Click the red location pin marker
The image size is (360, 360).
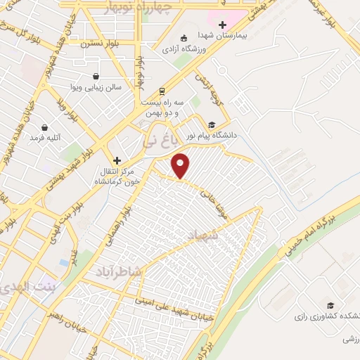[181, 165]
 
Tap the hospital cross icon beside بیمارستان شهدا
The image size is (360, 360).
[222, 25]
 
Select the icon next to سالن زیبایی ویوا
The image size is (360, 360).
[96, 76]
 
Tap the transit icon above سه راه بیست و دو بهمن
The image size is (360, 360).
[162, 91]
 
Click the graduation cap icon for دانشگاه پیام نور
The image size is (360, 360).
[212, 124]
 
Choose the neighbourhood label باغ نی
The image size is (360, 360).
[156, 140]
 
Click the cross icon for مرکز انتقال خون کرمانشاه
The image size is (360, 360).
[117, 160]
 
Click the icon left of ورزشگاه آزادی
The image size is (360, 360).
[184, 38]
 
